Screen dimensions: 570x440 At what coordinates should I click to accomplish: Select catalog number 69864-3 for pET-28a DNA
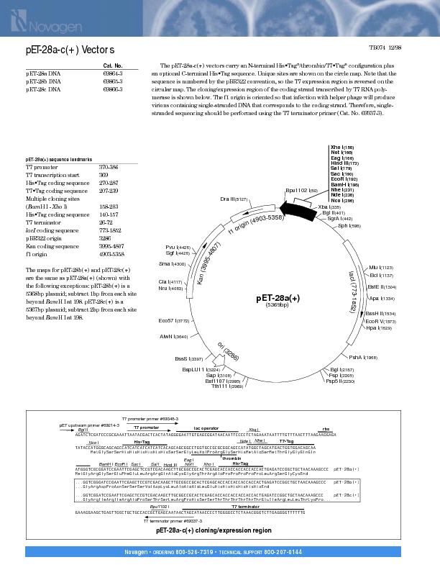[x=113, y=74]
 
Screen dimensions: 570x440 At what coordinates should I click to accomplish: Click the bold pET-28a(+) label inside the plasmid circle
[x=278, y=297]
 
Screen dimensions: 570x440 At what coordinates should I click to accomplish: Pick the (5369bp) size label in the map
[x=277, y=305]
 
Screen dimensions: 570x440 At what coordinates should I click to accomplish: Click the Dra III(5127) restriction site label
[x=234, y=199]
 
